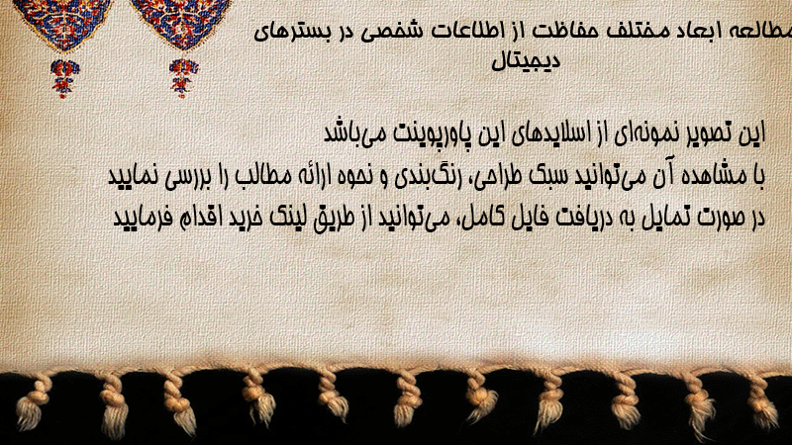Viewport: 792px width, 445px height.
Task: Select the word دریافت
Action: [x=533, y=218]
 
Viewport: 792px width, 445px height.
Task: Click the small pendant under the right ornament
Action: [x=183, y=78]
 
